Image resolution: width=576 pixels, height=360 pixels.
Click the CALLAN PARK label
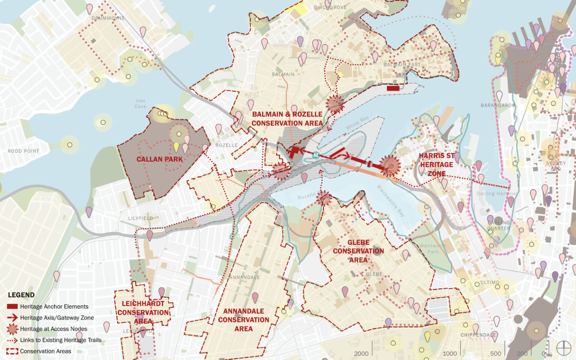pyautogui.click(x=159, y=159)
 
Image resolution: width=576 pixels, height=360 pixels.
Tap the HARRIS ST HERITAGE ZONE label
pyautogui.click(x=436, y=165)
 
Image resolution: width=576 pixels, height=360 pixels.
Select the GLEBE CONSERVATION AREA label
pyautogui.click(x=358, y=251)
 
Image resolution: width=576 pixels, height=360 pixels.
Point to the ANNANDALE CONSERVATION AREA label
pyautogui.click(x=244, y=320)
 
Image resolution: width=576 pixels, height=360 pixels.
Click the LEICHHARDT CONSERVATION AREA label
pyautogui.click(x=143, y=312)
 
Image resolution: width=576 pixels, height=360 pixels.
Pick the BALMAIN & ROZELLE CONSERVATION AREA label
pyautogui.click(x=287, y=119)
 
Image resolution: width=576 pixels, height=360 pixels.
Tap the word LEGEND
pyautogui.click(x=21, y=295)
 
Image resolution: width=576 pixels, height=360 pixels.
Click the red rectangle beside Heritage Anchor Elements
pyautogui.click(x=12, y=306)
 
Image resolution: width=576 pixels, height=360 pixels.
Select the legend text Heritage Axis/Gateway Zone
pyautogui.click(x=57, y=318)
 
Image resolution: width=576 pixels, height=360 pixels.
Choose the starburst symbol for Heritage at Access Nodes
pyautogui.click(x=12, y=329)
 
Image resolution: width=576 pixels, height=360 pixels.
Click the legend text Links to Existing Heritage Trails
pyautogui.click(x=61, y=340)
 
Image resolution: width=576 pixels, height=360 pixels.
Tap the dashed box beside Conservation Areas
pyautogui.click(x=12, y=351)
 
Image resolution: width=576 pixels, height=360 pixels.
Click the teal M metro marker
pyautogui.click(x=316, y=155)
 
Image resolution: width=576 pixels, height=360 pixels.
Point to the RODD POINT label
pyautogui.click(x=23, y=151)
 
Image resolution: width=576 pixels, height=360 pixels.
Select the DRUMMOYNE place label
pyautogui.click(x=108, y=18)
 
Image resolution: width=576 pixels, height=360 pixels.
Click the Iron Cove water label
pyautogui.click(x=141, y=103)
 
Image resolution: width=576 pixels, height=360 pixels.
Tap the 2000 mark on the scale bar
pyautogui.click(x=361, y=353)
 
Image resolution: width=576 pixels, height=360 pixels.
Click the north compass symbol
pyautogui.click(x=563, y=348)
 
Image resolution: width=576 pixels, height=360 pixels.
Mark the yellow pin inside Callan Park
pyautogui.click(x=176, y=146)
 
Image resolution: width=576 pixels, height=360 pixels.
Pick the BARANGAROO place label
pyautogui.click(x=498, y=105)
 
